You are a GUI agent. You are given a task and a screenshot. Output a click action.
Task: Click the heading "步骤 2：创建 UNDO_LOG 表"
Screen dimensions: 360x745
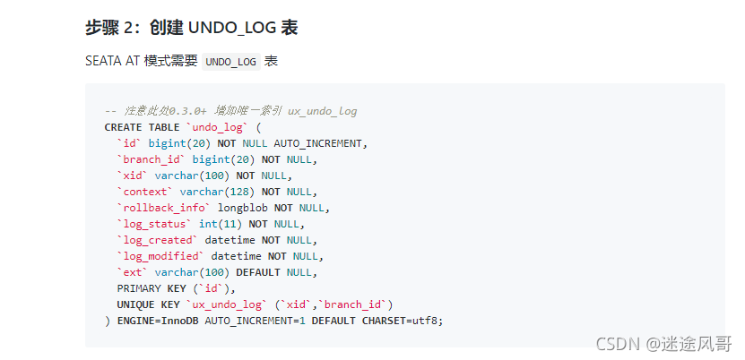pos(191,28)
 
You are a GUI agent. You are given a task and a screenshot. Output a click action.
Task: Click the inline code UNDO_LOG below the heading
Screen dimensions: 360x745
pos(230,62)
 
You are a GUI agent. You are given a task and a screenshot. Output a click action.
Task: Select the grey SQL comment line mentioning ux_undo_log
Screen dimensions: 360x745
pos(230,111)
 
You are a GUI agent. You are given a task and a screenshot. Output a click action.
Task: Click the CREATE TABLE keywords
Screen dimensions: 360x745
pos(142,127)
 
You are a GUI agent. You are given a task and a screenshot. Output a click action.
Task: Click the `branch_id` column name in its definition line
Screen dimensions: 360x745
pos(151,159)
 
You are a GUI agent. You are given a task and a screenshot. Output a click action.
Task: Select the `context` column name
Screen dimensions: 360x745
pos(144,192)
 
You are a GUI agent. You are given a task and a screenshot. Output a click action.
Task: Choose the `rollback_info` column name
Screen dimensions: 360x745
pos(163,208)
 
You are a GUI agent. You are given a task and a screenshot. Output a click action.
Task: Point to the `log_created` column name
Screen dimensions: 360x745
pos(157,240)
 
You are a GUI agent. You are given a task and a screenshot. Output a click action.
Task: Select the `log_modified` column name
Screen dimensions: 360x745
pos(160,256)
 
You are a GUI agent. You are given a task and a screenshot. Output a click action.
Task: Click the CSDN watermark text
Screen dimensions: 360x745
pos(617,343)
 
